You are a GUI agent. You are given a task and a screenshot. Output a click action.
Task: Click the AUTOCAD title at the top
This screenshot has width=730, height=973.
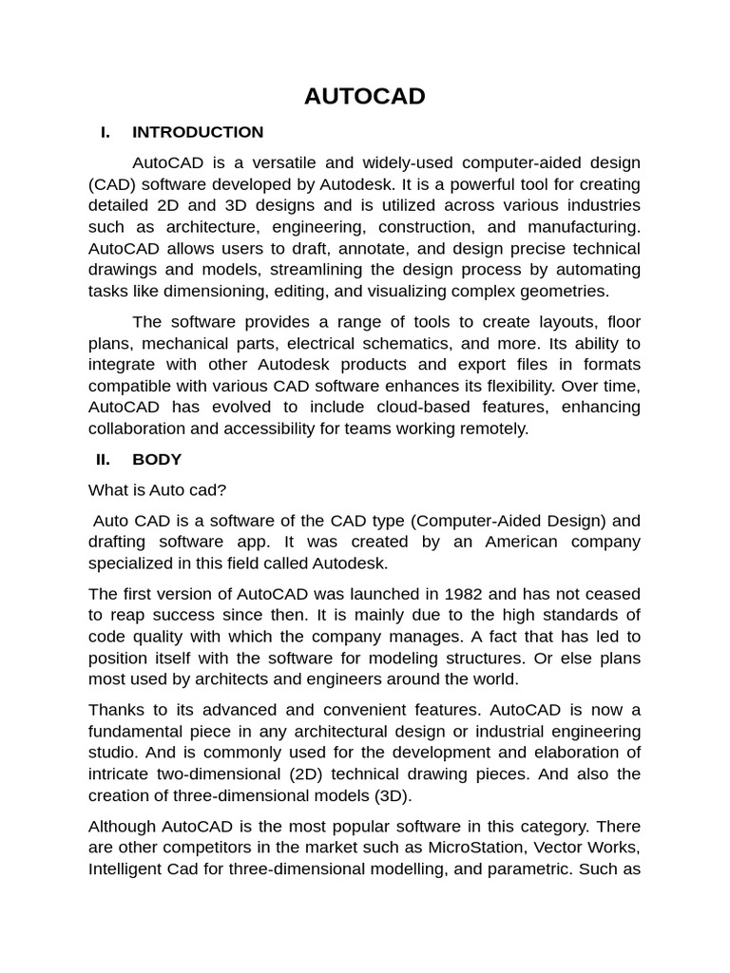tap(364, 97)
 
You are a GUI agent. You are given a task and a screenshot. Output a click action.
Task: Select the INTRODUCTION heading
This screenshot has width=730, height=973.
tap(198, 132)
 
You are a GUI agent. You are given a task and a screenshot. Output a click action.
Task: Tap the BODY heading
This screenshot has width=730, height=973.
tap(157, 460)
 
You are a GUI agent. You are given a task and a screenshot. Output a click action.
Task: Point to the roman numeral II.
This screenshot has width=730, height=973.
tap(103, 460)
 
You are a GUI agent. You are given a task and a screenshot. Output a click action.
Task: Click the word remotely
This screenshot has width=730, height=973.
tap(494, 429)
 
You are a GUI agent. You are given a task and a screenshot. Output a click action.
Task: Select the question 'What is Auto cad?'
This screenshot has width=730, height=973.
tap(158, 490)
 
